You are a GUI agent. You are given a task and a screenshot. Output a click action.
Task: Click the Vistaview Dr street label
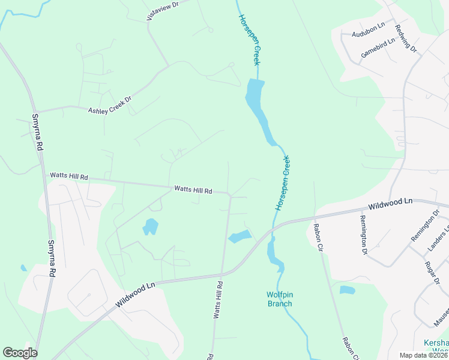(163, 11)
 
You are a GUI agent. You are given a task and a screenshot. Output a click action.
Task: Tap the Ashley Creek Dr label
(109, 106)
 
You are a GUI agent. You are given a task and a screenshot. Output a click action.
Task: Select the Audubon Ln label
(368, 31)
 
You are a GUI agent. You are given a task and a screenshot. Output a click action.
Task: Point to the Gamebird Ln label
(378, 48)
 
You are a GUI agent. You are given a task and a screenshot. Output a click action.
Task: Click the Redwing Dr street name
(405, 37)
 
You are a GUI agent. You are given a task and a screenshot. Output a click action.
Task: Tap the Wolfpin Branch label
(279, 299)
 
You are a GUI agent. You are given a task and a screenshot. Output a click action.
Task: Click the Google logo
(20, 353)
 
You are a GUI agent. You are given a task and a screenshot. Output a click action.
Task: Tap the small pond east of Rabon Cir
(347, 290)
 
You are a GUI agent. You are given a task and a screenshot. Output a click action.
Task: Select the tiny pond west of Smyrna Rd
(23, 268)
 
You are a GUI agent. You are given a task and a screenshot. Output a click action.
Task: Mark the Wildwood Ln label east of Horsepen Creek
(391, 203)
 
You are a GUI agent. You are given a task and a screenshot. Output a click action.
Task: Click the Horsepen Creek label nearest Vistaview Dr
(249, 40)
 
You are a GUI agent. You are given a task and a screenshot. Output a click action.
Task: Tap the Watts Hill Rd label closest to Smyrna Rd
(69, 177)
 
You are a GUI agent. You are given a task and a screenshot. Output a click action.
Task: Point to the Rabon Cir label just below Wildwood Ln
(317, 238)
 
